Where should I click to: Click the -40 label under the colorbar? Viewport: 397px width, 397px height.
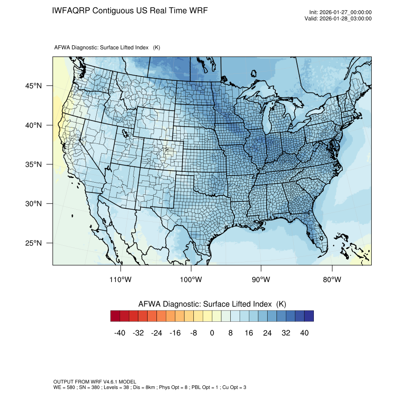(x=120, y=333)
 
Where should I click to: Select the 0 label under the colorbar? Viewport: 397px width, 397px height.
(x=212, y=333)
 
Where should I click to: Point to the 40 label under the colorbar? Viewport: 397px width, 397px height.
(x=304, y=333)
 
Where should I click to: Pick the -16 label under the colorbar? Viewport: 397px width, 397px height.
(x=175, y=333)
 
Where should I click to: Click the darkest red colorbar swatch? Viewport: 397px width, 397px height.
(x=115, y=316)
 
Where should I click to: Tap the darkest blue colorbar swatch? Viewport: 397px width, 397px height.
(x=309, y=316)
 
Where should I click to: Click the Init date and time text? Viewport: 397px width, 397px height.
(x=340, y=12)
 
